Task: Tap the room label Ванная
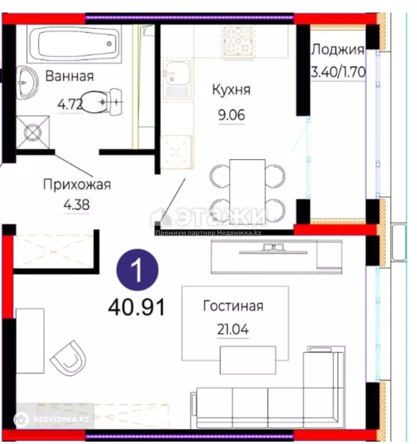pos(70,76)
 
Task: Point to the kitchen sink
pos(177,80)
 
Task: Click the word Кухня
pos(231,90)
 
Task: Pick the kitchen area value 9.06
pos(231,115)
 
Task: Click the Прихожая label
pos(77,184)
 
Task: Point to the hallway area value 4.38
pos(76,205)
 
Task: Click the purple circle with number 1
pos(138,270)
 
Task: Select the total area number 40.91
pos(137,307)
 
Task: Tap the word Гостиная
pos(233,306)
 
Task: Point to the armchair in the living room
pos(69,358)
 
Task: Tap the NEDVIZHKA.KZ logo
pos(52,419)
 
